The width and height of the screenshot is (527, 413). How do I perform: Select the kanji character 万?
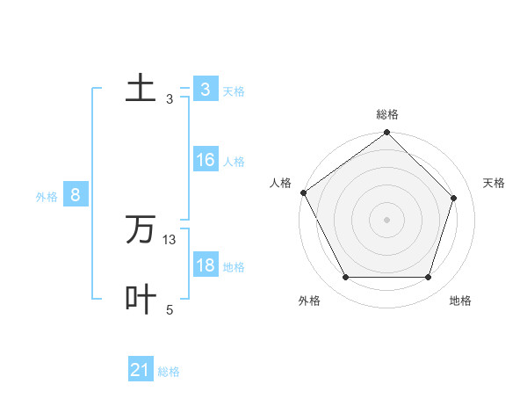[141, 230]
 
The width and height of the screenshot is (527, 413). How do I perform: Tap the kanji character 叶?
[141, 299]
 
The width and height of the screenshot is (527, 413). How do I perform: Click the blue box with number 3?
[205, 90]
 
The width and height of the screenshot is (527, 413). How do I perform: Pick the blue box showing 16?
[205, 161]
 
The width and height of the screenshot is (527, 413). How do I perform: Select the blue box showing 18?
[205, 266]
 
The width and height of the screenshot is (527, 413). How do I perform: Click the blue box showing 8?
[76, 196]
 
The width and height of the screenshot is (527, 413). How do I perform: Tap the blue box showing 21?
[141, 371]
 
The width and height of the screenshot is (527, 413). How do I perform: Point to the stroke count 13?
[170, 240]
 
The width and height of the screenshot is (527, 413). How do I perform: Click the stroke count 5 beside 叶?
[170, 309]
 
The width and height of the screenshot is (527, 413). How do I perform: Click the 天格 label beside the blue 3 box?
[234, 91]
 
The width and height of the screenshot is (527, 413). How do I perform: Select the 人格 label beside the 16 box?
[234, 162]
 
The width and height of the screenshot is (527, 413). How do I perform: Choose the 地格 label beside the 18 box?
[234, 267]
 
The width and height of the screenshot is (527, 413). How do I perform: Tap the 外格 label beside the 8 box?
[47, 197]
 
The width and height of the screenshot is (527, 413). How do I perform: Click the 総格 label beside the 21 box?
[169, 372]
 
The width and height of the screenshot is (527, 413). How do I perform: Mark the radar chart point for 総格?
[386, 134]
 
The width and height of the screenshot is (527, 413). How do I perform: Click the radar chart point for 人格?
[303, 192]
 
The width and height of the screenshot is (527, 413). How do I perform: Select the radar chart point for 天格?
[454, 198]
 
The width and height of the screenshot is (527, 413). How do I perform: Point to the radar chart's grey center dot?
[386, 219]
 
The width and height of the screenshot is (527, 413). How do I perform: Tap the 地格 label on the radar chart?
[460, 301]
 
